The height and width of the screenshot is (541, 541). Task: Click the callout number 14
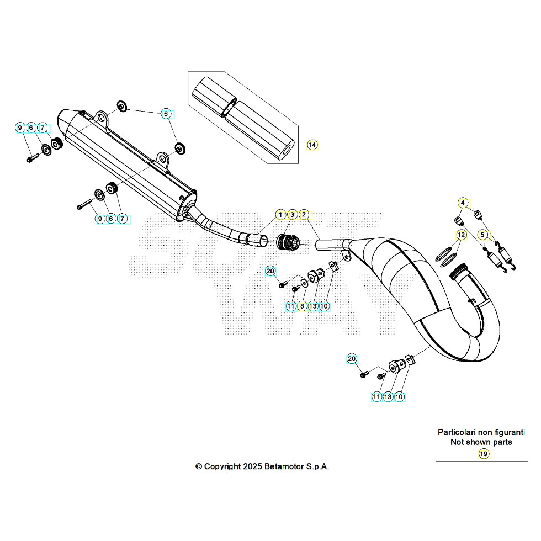click(312, 145)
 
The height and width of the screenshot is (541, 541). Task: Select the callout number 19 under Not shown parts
click(483, 454)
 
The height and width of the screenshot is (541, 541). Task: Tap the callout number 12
click(460, 235)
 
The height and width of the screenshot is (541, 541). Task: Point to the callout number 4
click(463, 203)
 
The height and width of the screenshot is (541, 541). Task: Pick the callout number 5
click(483, 235)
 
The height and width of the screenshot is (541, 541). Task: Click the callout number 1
click(280, 214)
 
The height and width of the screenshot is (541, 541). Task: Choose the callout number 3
click(293, 214)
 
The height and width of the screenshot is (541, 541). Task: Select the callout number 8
click(302, 306)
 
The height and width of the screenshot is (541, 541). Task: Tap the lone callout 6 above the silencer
click(165, 114)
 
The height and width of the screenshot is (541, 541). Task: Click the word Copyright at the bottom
click(223, 466)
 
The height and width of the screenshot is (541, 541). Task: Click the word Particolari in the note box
click(457, 432)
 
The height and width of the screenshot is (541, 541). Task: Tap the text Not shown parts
click(481, 442)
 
